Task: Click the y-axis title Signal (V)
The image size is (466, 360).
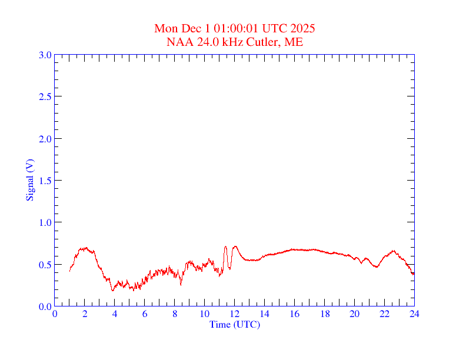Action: click(29, 180)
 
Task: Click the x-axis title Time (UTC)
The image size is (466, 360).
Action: click(235, 324)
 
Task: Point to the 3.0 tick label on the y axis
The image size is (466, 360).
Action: click(45, 55)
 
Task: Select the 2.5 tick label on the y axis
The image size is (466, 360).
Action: click(45, 96)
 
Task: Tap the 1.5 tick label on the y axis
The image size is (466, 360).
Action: click(45, 181)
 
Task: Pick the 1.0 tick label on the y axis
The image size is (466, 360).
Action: click(45, 222)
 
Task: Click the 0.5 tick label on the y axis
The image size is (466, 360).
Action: click(45, 265)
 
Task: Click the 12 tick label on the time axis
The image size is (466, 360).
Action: click(235, 314)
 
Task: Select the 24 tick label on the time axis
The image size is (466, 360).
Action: click(414, 314)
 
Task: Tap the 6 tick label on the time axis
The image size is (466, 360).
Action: click(145, 314)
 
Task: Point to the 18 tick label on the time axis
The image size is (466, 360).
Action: click(324, 314)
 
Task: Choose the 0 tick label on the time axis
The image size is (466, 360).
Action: click(55, 314)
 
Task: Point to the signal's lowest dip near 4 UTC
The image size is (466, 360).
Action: click(112, 290)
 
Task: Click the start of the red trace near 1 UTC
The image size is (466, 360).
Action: click(70, 271)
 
